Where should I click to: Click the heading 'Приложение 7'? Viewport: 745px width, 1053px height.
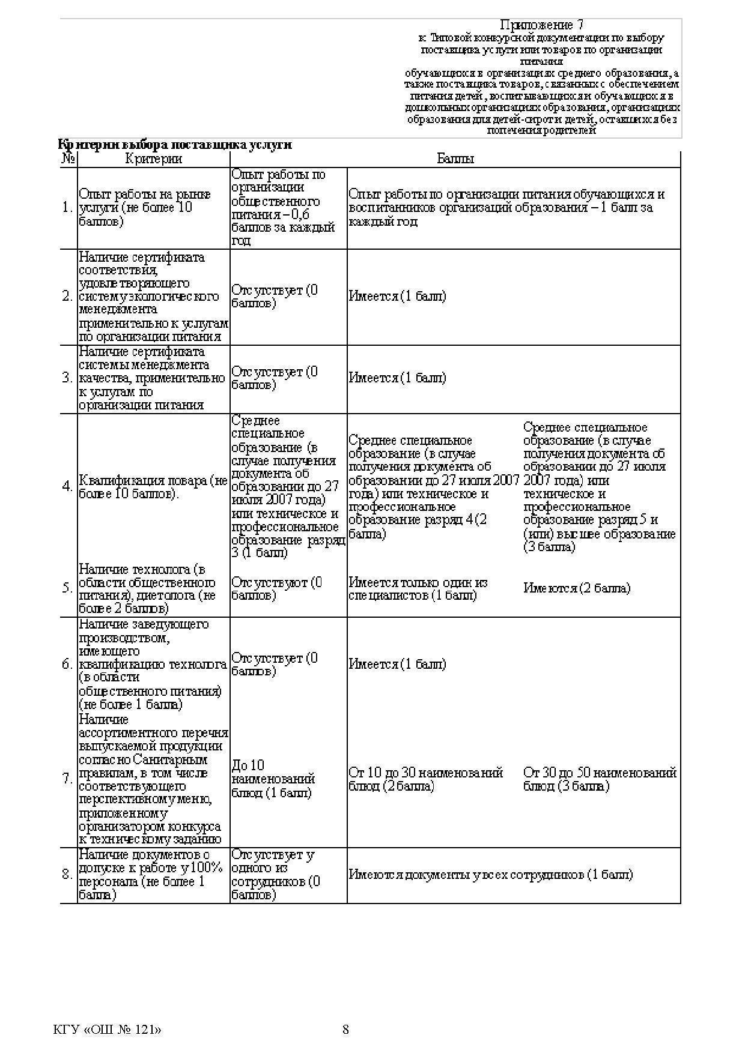(541, 25)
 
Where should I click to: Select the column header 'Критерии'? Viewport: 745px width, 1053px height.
(153, 159)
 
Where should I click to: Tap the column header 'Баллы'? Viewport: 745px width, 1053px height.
(455, 159)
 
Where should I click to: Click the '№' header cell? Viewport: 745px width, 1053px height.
(68, 159)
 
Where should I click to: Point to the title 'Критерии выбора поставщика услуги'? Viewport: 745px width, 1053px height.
(175, 145)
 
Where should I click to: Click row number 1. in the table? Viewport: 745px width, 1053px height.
(68, 208)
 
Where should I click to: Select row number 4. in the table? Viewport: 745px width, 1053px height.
(68, 486)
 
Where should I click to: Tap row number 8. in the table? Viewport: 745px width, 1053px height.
(68, 874)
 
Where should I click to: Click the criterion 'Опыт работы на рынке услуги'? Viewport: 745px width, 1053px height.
(145, 208)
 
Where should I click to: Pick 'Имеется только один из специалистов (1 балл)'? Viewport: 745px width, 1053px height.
(418, 589)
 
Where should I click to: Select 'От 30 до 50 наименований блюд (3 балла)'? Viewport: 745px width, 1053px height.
(600, 779)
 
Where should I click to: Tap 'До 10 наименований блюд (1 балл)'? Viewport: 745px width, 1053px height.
(273, 779)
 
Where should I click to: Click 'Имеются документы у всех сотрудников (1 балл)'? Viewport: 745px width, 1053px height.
(490, 875)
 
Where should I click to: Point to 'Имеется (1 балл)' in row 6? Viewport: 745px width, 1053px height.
(397, 664)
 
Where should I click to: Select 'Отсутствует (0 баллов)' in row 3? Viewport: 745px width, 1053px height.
(275, 378)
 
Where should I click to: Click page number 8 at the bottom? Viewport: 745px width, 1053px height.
(345, 1030)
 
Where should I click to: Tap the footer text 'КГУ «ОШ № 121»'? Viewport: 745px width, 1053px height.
(108, 1030)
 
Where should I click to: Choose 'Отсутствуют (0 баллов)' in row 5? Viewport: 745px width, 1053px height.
(276, 589)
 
